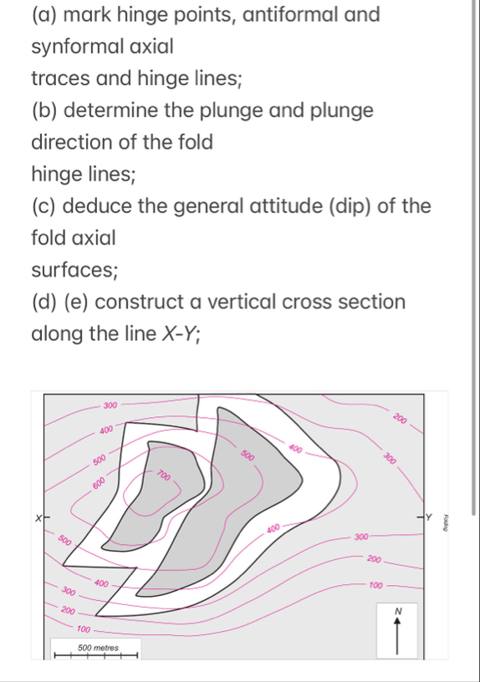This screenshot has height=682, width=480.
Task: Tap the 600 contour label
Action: coord(99,483)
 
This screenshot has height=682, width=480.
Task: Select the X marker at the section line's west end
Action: coord(37,519)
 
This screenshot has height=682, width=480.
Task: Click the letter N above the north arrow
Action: coord(398,612)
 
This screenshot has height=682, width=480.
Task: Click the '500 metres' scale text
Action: coord(95,648)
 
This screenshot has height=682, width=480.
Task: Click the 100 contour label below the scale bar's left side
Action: coord(84,628)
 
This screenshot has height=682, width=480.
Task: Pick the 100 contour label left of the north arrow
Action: coord(375,585)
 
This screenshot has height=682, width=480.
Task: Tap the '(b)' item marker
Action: coord(43,110)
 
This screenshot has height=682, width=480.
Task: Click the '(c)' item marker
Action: coord(43,206)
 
